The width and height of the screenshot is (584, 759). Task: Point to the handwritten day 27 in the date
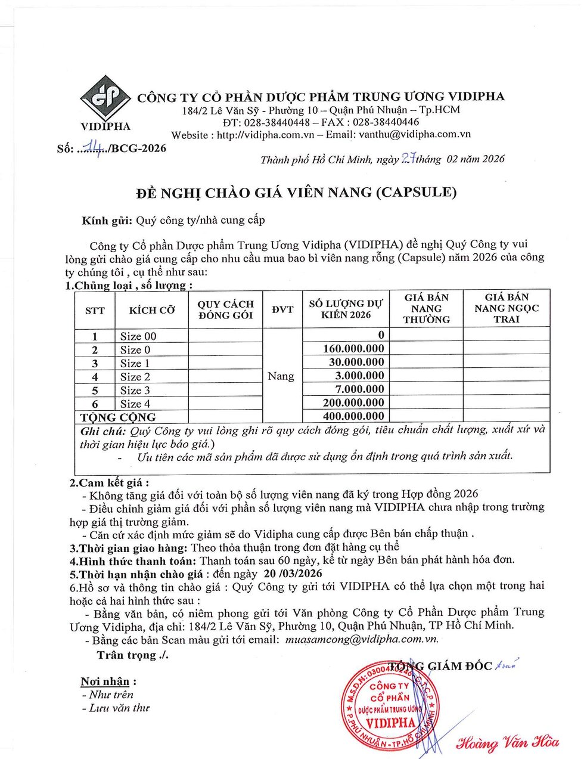click(408, 158)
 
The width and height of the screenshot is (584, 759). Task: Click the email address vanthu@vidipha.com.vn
click(415, 135)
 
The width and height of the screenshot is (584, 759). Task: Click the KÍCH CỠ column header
click(152, 310)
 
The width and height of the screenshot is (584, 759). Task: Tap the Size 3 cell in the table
click(135, 391)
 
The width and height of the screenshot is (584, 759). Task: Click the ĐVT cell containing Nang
click(281, 376)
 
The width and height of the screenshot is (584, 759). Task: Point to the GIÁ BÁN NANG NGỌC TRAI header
click(507, 308)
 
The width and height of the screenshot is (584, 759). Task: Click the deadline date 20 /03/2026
click(292, 574)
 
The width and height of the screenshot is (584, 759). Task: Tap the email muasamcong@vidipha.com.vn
click(361, 639)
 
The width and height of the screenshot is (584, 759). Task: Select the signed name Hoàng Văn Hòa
click(508, 742)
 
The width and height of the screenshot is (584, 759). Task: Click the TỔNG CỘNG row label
click(118, 417)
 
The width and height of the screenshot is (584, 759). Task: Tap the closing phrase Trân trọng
click(132, 655)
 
